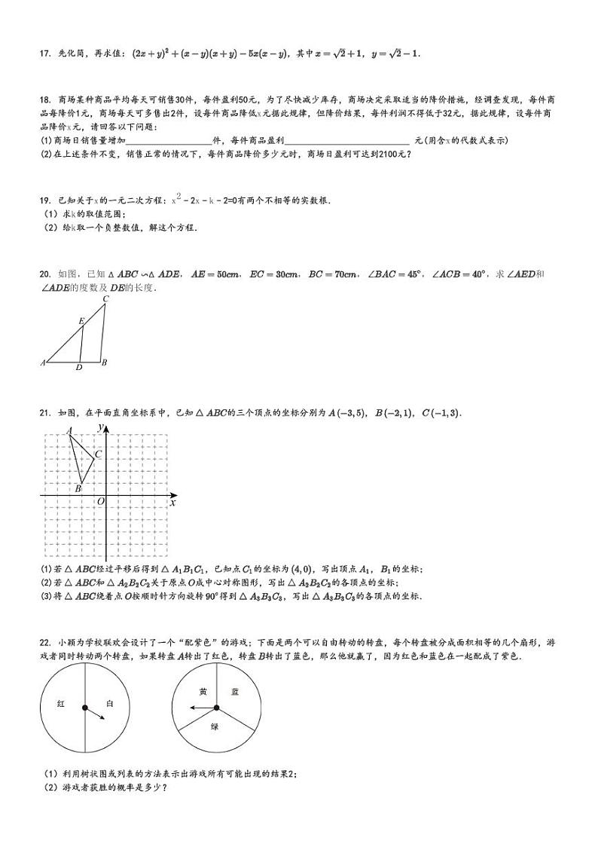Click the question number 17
[43, 54]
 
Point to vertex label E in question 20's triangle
[81, 321]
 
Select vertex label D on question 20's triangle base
[79, 368]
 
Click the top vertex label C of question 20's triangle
[105, 298]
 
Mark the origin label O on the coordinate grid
[100, 500]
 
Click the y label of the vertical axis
[100, 427]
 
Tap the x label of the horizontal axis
[172, 502]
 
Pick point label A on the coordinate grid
[69, 431]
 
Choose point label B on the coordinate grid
[78, 489]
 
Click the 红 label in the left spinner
[61, 703]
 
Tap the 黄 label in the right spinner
[203, 691]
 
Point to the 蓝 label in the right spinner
[235, 691]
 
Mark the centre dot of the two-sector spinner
[84, 708]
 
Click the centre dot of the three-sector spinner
[216, 708]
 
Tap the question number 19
[43, 200]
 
